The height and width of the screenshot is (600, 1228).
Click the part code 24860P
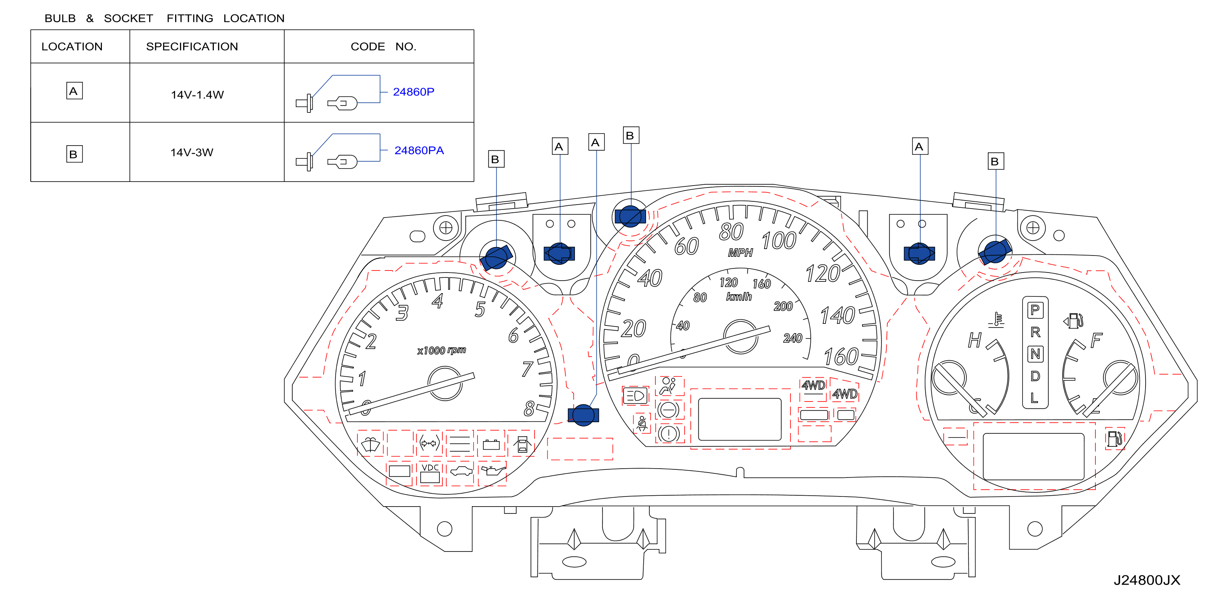tap(413, 91)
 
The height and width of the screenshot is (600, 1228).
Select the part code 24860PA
tap(419, 150)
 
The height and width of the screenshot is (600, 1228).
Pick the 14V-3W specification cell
tap(192, 152)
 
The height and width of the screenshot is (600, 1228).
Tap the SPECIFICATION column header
tap(192, 46)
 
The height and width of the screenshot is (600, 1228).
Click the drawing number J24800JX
tap(1146, 580)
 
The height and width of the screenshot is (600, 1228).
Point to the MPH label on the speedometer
tap(740, 253)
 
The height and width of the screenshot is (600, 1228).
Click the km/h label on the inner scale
tap(739, 296)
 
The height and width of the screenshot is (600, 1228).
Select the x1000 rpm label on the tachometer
tap(442, 350)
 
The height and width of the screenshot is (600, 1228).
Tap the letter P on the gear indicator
tap(1035, 310)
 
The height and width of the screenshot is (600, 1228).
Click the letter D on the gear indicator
tap(1035, 376)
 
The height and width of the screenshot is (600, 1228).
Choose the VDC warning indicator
tap(430, 473)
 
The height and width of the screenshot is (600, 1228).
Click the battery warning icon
tap(491, 445)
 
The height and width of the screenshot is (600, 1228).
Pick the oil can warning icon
tap(493, 471)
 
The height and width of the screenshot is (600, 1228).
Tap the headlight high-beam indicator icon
tap(636, 395)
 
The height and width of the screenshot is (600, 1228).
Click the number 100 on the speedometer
tap(779, 241)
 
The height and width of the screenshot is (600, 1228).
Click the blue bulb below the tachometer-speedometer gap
tap(583, 415)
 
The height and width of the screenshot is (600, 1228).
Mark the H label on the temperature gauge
tap(974, 340)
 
